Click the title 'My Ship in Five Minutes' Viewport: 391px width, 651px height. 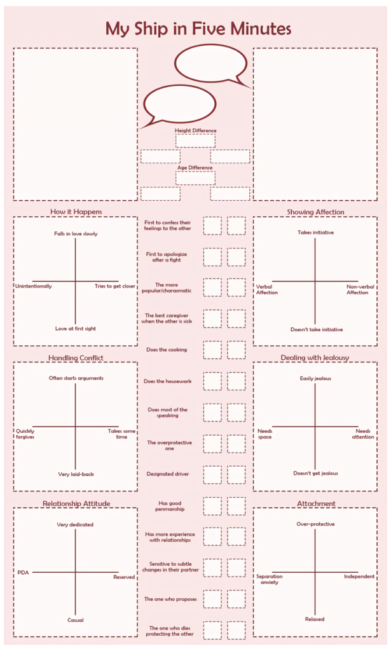(198, 29)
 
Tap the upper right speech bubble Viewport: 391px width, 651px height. (210, 63)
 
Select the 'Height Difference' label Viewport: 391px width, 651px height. (196, 130)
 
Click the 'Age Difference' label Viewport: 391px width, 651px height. (195, 168)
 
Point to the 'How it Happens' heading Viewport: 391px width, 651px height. (76, 212)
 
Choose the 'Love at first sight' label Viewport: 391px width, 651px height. (76, 329)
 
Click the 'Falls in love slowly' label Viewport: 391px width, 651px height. (76, 234)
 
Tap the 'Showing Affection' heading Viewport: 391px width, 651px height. (315, 212)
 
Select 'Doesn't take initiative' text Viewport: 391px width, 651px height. (317, 329)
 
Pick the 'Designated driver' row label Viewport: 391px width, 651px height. (168, 474)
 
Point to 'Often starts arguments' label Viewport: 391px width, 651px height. (76, 378)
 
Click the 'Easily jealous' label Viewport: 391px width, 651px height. (315, 379)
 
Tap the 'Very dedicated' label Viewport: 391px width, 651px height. (75, 524)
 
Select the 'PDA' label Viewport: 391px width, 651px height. (24, 573)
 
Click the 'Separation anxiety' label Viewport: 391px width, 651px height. (269, 579)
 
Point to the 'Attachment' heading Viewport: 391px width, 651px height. (316, 504)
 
